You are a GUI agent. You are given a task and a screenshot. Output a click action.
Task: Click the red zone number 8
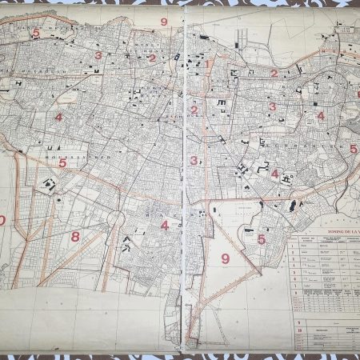pos(75,236)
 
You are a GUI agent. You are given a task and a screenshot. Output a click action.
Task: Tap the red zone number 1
pos(207,65)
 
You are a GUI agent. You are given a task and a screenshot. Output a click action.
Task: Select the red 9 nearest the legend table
pos(225,258)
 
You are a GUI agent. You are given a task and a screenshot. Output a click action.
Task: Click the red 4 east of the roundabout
pos(165,225)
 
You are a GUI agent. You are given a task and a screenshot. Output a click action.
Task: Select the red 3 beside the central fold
pos(194,160)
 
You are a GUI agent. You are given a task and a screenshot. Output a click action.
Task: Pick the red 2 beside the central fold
pos(194,110)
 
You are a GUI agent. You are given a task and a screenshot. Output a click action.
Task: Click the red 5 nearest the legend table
pos(261,238)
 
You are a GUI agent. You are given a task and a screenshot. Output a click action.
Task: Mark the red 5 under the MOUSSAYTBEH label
pos(62,162)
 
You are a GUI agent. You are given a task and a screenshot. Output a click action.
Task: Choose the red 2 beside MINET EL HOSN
pos(152,58)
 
